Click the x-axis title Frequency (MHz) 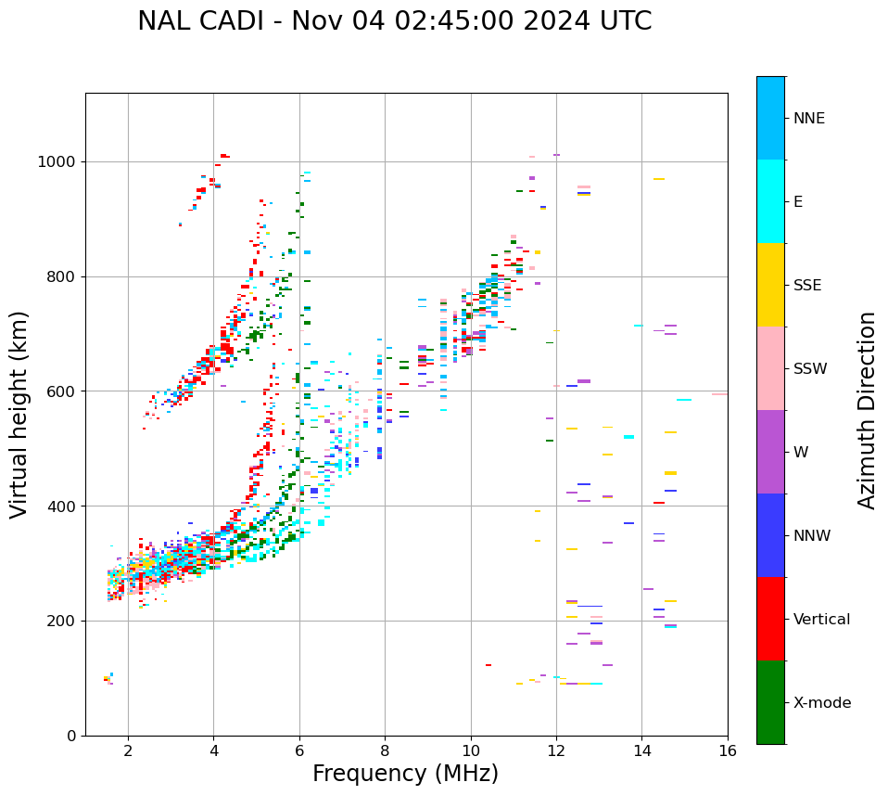(405, 774)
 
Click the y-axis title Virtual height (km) (19, 414)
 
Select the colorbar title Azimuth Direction (867, 410)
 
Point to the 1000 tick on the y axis (61, 161)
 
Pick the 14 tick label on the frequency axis (641, 750)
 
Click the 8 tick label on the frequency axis (385, 750)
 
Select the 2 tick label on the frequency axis (128, 750)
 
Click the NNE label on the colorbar (808, 118)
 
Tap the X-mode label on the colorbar (821, 702)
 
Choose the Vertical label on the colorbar (821, 619)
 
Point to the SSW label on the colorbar (810, 368)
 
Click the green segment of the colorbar (770, 702)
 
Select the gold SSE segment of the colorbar (770, 285)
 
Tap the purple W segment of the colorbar (770, 452)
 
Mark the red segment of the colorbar (770, 619)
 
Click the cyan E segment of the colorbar (770, 201)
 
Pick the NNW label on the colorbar (812, 535)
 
